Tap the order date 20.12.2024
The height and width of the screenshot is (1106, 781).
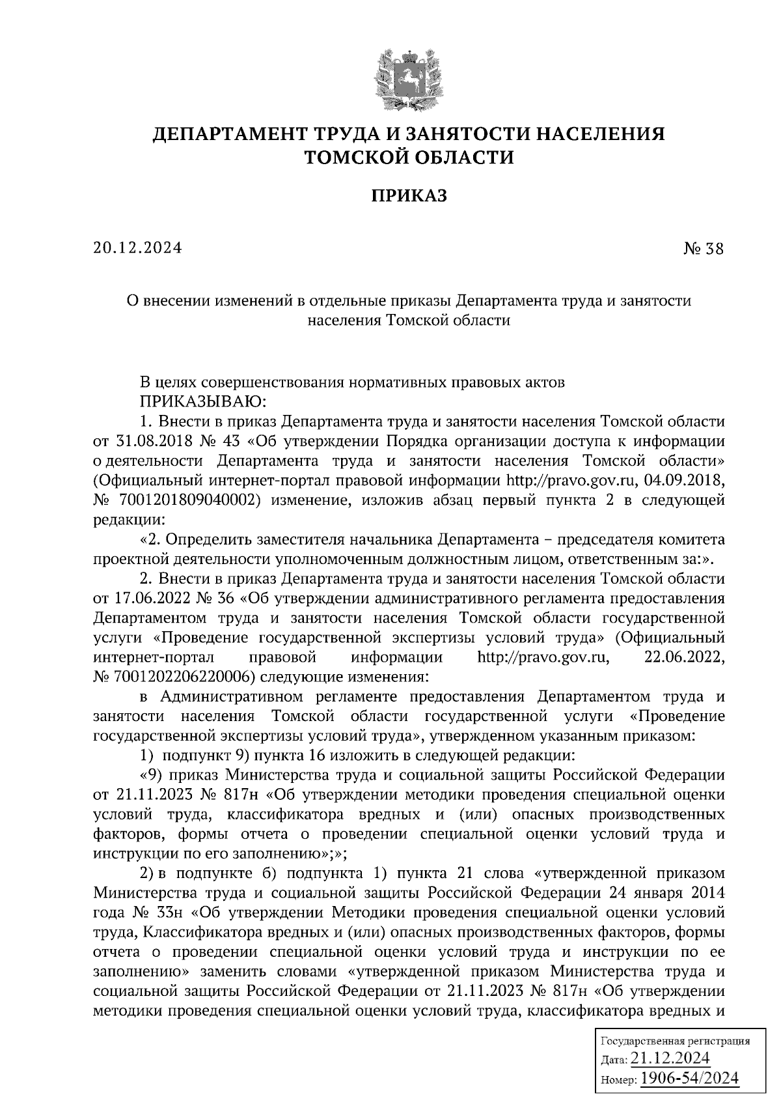point(137,248)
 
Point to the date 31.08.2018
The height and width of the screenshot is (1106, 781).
point(154,441)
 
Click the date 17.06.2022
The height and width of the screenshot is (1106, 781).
point(154,598)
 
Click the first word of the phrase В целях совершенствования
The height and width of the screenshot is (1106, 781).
point(147,382)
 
